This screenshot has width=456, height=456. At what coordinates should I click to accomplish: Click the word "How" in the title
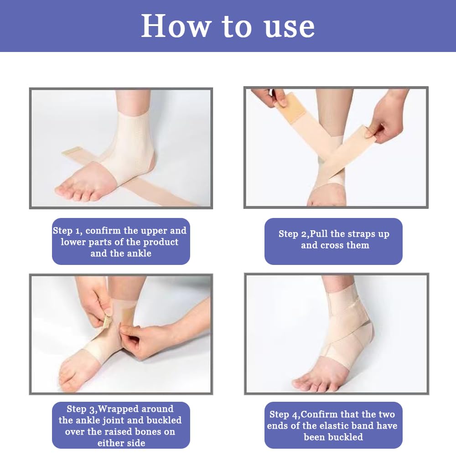coord(175,26)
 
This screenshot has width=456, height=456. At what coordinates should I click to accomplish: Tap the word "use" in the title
coord(290,28)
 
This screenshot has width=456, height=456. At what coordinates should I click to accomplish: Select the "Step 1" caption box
coord(121,241)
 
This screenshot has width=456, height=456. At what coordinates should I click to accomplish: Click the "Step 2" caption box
coord(334,241)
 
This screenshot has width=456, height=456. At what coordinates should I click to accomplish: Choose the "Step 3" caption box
coord(121,425)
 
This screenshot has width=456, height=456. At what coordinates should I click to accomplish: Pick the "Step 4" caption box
coord(334,425)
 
